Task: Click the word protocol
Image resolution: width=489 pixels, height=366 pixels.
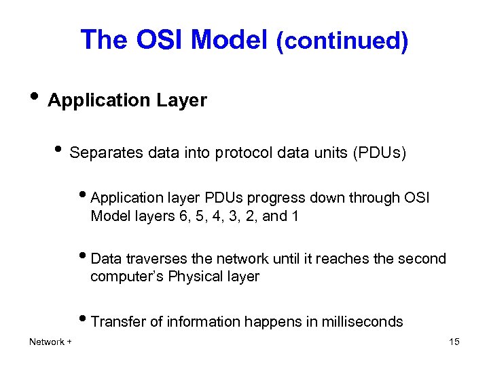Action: (x=242, y=153)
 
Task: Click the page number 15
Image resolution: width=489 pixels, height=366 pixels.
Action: (x=454, y=342)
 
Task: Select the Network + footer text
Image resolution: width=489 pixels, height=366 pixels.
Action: (x=50, y=342)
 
